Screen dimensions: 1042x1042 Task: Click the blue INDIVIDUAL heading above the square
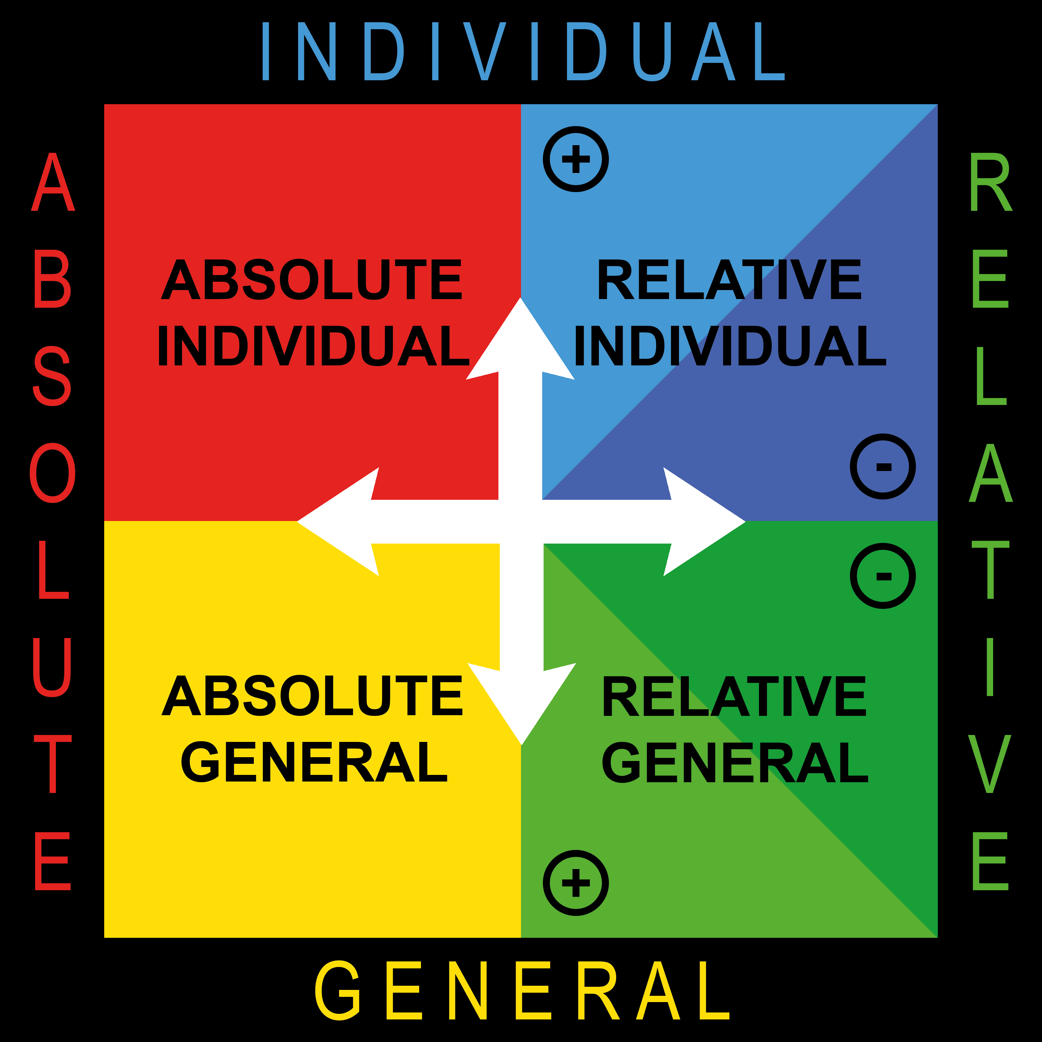click(523, 52)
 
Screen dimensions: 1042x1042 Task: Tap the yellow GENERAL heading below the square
click(522, 990)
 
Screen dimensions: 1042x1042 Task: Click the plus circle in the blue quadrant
click(576, 159)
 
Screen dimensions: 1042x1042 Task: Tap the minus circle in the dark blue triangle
click(883, 466)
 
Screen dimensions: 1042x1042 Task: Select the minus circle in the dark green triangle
click(883, 576)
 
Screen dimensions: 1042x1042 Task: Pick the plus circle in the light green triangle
click(576, 883)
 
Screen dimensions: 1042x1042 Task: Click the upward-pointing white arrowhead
click(520, 345)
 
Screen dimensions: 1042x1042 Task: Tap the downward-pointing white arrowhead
click(522, 698)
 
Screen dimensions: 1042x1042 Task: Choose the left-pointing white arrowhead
click(345, 522)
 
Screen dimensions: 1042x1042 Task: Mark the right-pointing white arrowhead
click(698, 522)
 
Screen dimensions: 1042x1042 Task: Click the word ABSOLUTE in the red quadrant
click(312, 279)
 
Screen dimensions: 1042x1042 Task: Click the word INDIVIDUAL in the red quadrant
click(313, 346)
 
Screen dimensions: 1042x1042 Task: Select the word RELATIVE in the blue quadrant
click(729, 279)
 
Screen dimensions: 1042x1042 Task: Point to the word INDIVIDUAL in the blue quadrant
click(730, 346)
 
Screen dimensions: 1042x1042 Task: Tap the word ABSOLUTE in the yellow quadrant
click(312, 696)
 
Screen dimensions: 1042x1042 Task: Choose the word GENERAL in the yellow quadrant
click(314, 763)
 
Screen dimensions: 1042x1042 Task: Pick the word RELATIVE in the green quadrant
click(734, 696)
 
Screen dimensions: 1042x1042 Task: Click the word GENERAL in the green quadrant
click(735, 763)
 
